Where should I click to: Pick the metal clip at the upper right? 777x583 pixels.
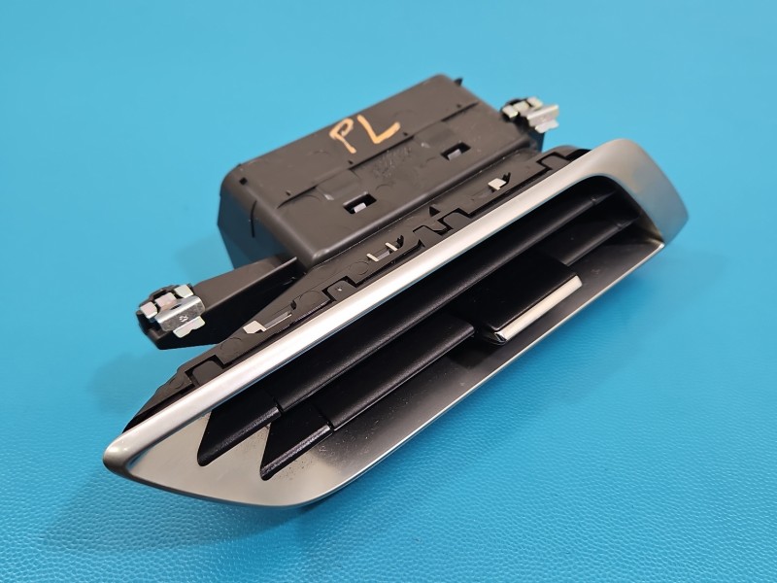tap(531, 114)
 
